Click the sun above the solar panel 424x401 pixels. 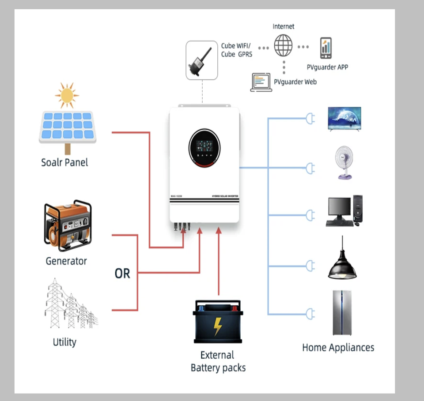[67, 95]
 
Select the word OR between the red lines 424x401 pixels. [122, 274]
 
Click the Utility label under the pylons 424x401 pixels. [64, 342]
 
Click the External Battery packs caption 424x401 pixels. [218, 361]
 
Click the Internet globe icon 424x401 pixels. [283, 46]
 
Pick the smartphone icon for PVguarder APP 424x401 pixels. [326, 48]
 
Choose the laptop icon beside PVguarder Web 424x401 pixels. [261, 82]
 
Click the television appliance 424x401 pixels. [344, 118]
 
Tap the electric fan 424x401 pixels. [345, 164]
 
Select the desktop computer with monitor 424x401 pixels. [344, 211]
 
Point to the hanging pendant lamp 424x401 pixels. [342, 261]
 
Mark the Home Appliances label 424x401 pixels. [338, 347]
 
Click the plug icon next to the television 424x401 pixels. [310, 118]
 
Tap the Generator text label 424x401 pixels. [66, 261]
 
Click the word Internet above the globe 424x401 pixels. [283, 26]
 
